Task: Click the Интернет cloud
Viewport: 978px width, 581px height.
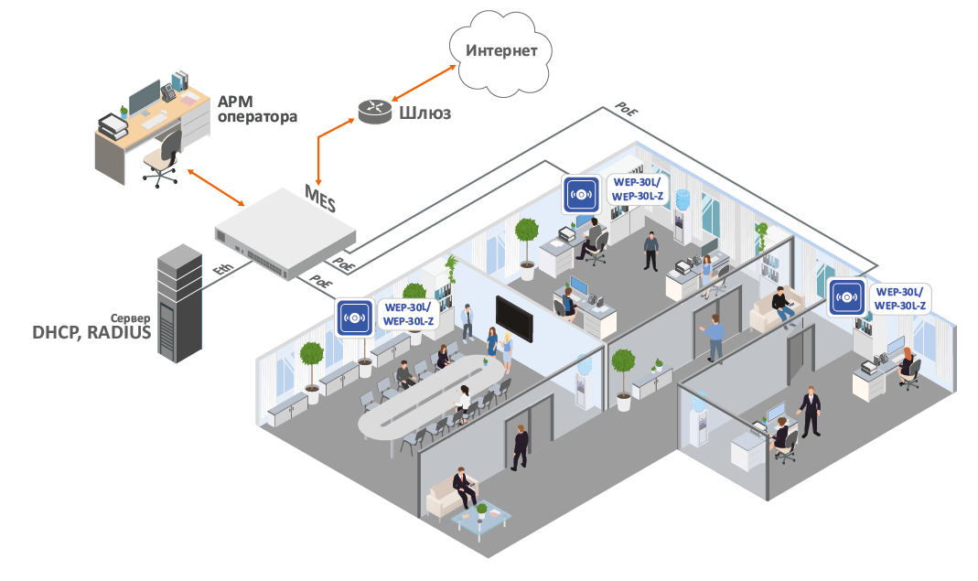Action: (500, 54)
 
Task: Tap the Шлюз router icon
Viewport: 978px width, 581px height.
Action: (375, 111)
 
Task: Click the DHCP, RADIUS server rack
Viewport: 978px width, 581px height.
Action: (179, 303)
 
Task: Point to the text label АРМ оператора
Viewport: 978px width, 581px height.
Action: (257, 109)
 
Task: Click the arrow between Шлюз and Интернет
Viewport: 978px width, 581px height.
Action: (424, 83)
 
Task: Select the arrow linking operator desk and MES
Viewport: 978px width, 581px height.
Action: (216, 187)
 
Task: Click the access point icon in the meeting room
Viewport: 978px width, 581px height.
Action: (354, 317)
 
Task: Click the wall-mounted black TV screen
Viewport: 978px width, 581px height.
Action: (514, 319)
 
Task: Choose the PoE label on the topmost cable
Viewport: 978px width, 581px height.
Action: (626, 109)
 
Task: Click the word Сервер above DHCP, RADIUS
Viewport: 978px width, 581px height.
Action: (130, 317)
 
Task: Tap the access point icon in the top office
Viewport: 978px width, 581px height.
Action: (581, 194)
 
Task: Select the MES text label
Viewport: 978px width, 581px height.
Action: (320, 198)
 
